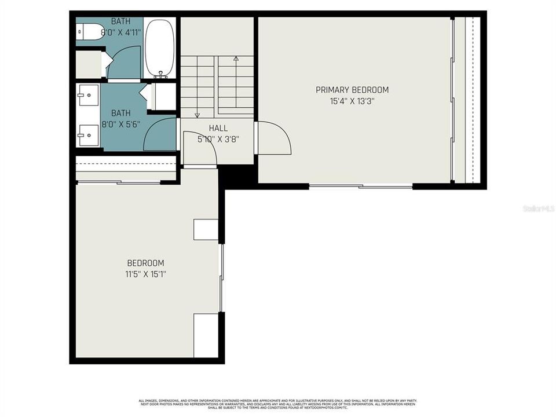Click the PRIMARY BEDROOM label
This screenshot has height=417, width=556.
pyautogui.click(x=352, y=90)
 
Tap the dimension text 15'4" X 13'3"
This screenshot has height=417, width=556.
pyautogui.click(x=352, y=101)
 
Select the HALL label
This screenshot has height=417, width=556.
pyautogui.click(x=218, y=128)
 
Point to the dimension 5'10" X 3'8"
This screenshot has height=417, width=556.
pyautogui.click(x=218, y=139)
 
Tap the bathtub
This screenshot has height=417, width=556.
pyautogui.click(x=159, y=49)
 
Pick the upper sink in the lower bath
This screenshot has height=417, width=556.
pyautogui.click(x=87, y=94)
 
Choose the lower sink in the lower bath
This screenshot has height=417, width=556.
pyautogui.click(x=87, y=134)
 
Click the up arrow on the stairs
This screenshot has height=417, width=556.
pyautogui.click(x=236, y=58)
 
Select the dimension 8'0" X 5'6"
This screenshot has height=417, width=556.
pyautogui.click(x=121, y=124)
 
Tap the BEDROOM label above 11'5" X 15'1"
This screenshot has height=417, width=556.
pyautogui.click(x=146, y=263)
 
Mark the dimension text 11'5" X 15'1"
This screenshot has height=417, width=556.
pyautogui.click(x=146, y=274)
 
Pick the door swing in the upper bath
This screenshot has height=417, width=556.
pyautogui.click(x=123, y=64)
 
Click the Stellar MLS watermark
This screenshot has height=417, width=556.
pyautogui.click(x=538, y=207)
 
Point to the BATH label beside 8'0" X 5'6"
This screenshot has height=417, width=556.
pyautogui.click(x=121, y=113)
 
